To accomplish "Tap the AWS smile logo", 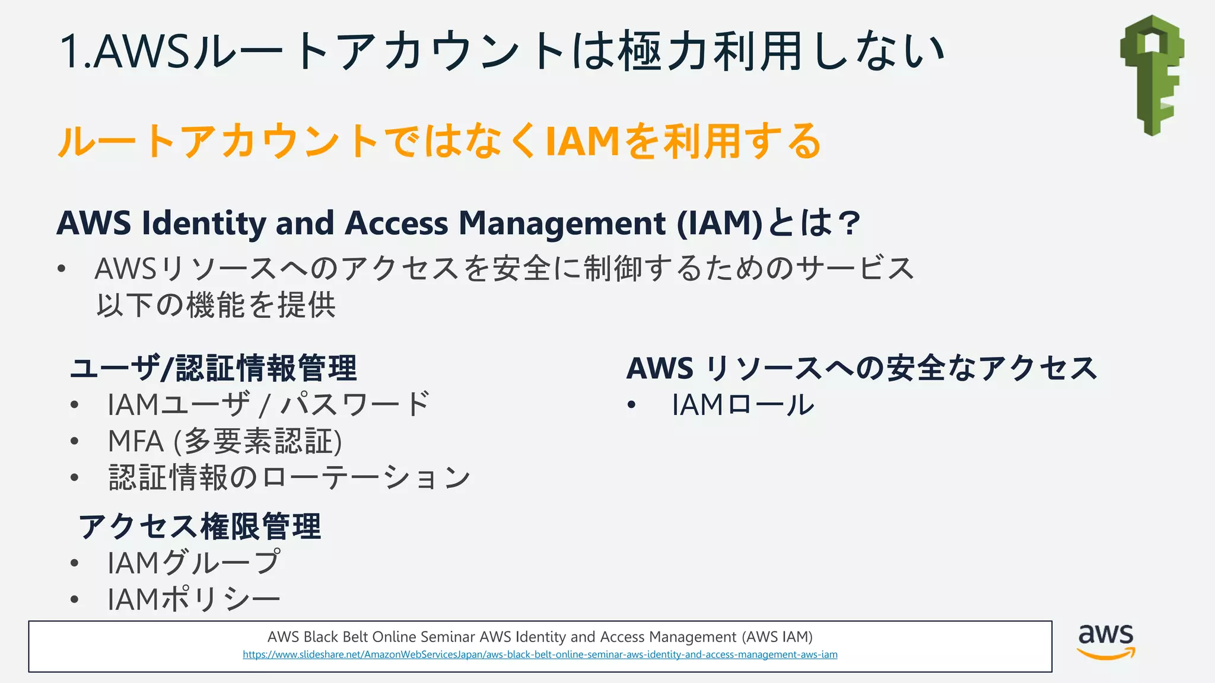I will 1106,641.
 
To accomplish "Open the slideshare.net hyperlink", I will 540,655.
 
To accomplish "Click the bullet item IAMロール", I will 743,406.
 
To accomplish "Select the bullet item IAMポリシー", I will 193,599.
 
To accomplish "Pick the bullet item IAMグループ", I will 193,563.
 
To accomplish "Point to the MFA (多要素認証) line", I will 225,442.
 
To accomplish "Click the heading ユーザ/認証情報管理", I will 214,368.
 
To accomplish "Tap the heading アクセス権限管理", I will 200,526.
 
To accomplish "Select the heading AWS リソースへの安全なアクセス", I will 862,368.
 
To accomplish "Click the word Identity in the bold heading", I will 204,224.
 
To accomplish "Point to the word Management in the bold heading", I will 562,224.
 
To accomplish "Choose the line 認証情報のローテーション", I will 289,478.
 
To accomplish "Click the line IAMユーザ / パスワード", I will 268,406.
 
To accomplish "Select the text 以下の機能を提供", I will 216,305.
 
